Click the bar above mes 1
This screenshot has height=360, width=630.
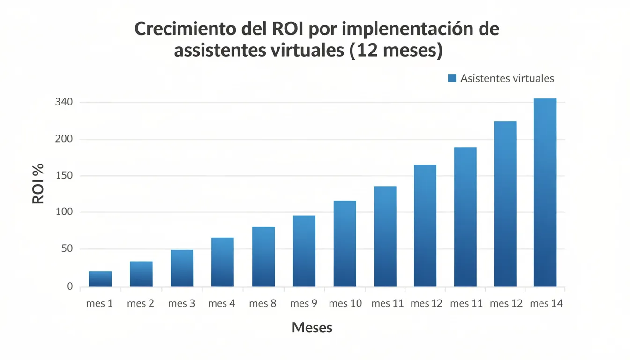pos(100,279)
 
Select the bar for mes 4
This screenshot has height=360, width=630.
pos(222,262)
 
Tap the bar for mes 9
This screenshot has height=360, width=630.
pos(304,251)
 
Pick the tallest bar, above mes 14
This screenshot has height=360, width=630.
pos(545,193)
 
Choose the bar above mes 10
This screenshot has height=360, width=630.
pos(345,244)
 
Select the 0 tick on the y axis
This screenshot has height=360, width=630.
pos(70,286)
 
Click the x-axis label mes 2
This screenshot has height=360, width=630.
pos(141,304)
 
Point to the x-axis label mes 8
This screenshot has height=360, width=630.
pos(262,304)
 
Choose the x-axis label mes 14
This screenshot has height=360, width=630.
pos(546,304)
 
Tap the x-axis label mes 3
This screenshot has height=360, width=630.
pos(181,304)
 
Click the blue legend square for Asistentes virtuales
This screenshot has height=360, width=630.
pos(452,78)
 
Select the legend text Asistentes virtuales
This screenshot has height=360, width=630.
pos(507,78)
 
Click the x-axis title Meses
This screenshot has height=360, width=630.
pos(312,328)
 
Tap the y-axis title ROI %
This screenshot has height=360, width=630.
pos(38,183)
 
